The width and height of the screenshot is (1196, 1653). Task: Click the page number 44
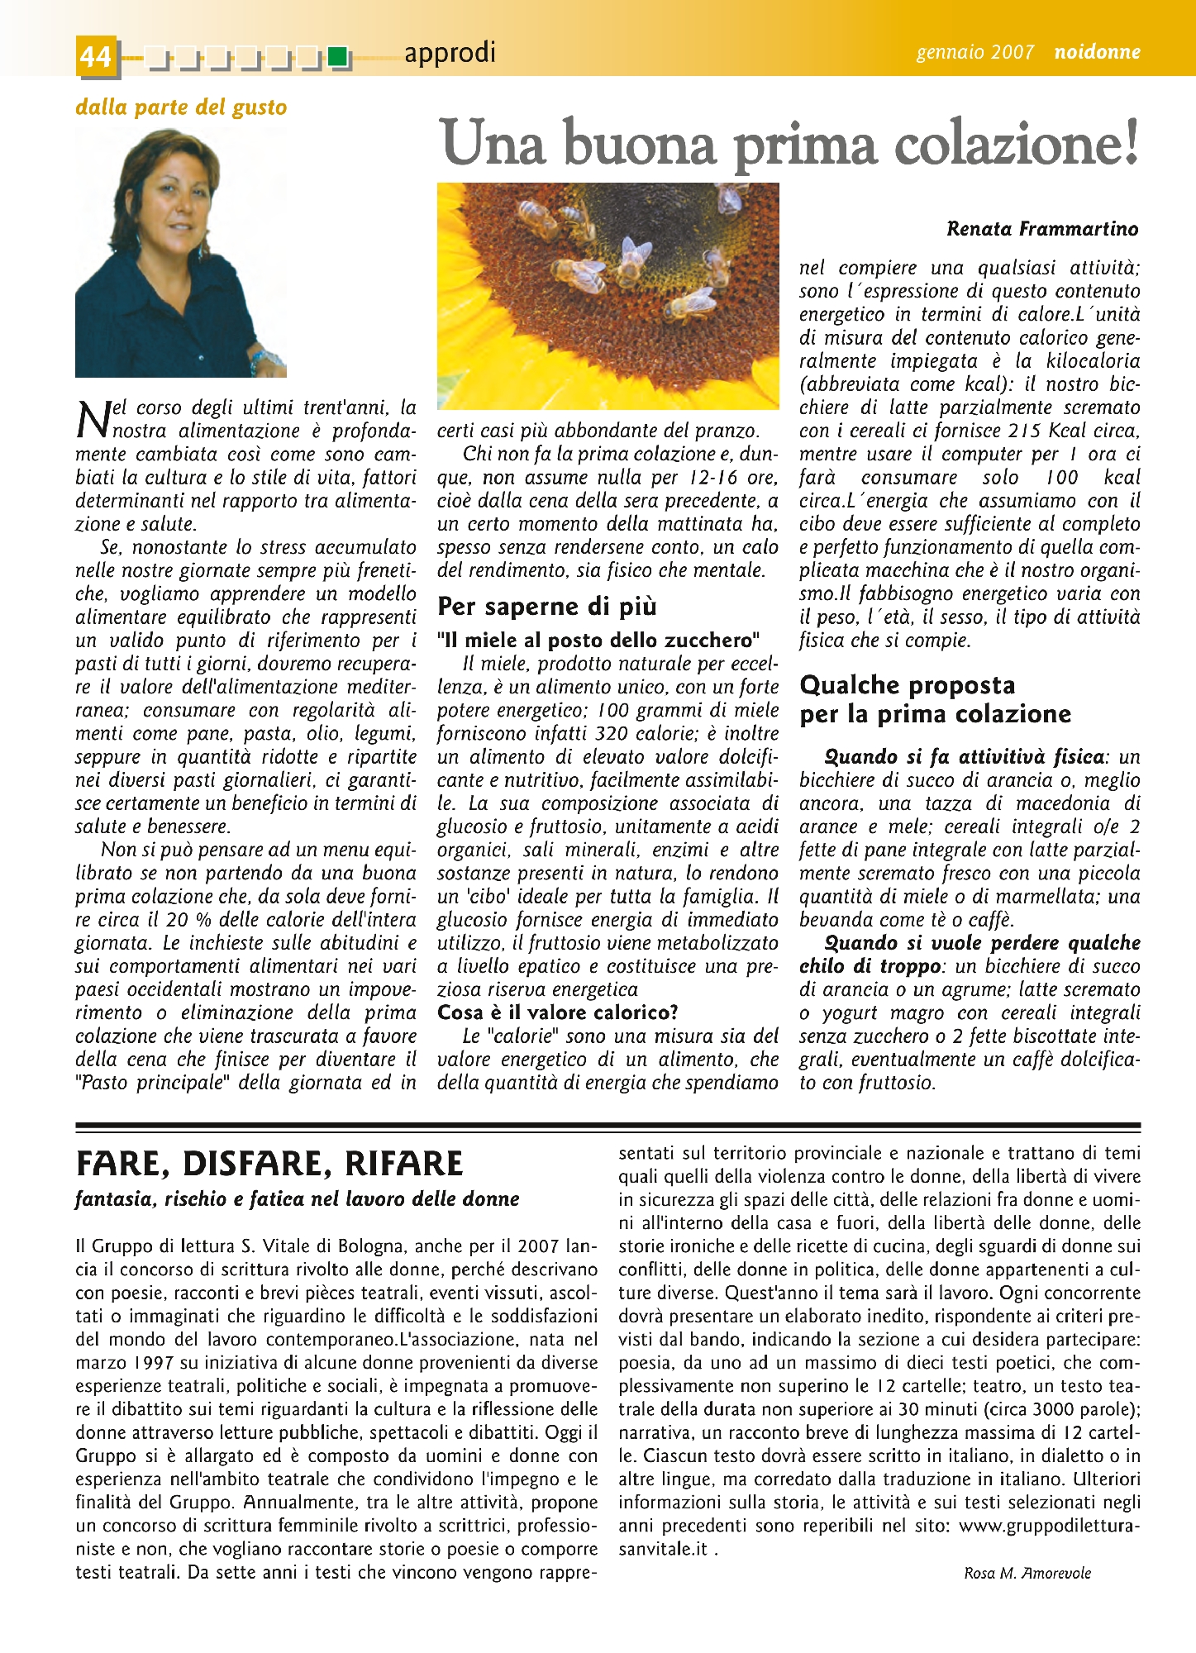(96, 56)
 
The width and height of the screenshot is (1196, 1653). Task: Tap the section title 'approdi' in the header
(450, 52)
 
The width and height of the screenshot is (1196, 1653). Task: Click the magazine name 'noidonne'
(1097, 52)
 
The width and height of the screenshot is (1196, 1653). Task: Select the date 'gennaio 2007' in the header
(974, 52)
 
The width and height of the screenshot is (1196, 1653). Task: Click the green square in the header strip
(336, 57)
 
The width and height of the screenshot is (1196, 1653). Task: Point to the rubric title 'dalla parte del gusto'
(181, 107)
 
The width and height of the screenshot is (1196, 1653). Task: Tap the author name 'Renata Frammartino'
(1042, 229)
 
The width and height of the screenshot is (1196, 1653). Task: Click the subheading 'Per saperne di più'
(546, 606)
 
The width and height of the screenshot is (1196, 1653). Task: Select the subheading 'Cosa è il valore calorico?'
(558, 1012)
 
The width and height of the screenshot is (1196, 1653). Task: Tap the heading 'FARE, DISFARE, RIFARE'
(269, 1164)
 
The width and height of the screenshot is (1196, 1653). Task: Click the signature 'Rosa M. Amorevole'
(1027, 1574)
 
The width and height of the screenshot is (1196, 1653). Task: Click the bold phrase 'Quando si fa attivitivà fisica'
(965, 757)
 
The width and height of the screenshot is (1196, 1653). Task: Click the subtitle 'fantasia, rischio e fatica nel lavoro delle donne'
(298, 1199)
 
